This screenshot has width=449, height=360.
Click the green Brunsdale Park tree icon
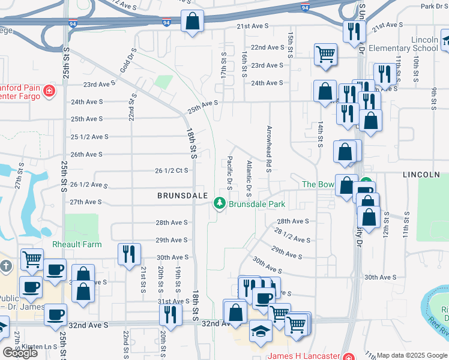click(x=220, y=205)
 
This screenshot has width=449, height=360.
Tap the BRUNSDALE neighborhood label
click(x=182, y=196)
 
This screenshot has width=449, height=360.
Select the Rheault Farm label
click(x=77, y=244)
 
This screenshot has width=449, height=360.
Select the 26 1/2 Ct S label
click(x=172, y=170)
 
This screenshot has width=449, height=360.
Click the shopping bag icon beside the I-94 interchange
click(x=192, y=22)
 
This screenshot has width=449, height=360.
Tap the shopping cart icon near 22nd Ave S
click(x=325, y=54)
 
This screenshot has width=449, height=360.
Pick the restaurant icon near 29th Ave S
click(x=127, y=253)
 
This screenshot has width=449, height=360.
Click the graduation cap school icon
click(x=261, y=332)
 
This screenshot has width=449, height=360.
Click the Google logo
click(x=20, y=353)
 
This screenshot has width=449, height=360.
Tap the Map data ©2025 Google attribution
click(x=412, y=355)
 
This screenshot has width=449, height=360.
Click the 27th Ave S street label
click(x=86, y=202)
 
